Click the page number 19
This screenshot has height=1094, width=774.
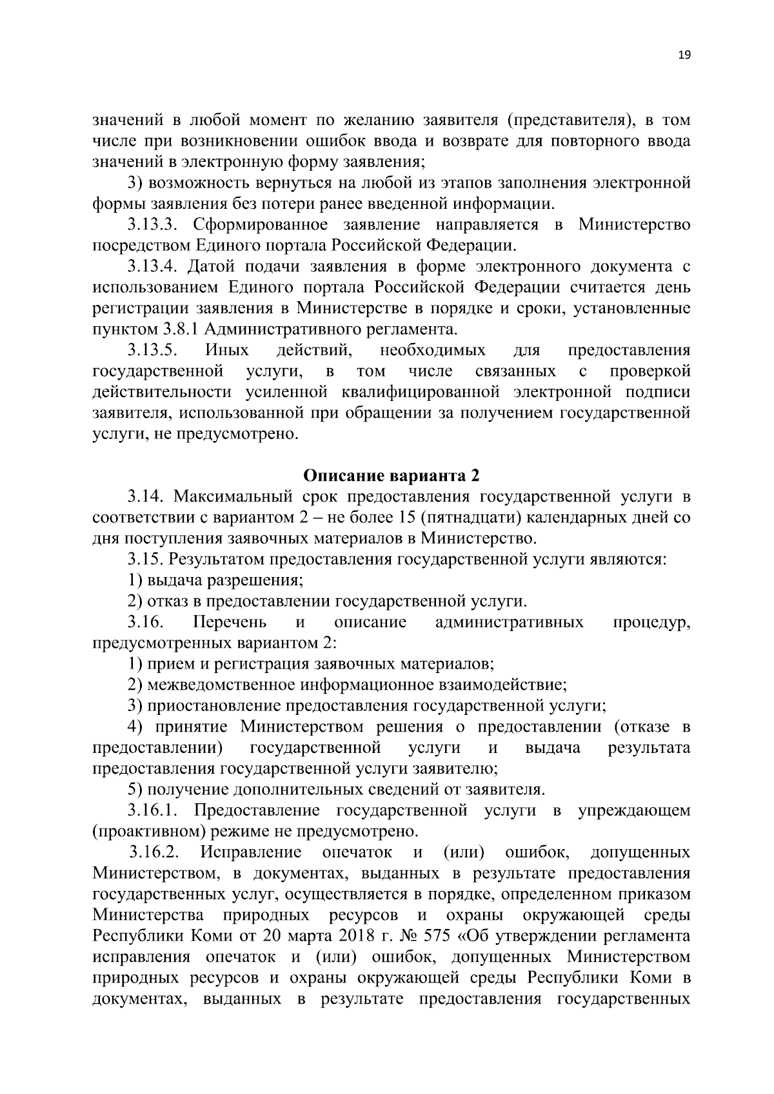point(684,55)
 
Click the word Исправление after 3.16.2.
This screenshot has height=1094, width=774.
point(250,852)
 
